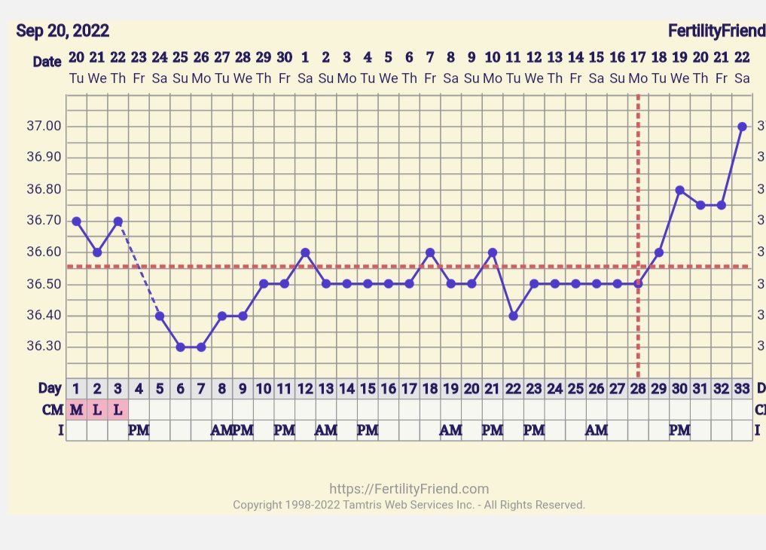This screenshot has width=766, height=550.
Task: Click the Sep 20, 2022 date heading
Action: click(63, 31)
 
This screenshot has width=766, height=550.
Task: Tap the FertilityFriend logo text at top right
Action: click(716, 31)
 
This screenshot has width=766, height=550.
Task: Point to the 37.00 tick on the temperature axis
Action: click(44, 126)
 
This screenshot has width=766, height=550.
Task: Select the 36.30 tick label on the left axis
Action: click(44, 347)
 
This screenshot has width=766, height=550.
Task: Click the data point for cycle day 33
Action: click(742, 127)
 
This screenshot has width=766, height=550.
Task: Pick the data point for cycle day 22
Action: click(513, 316)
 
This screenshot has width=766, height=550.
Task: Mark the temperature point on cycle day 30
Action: click(679, 190)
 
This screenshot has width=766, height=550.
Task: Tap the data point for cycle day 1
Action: click(76, 222)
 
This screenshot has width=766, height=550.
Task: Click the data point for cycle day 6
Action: click(181, 347)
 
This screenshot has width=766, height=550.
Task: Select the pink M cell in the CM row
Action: click(76, 409)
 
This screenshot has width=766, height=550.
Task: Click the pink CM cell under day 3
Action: click(117, 409)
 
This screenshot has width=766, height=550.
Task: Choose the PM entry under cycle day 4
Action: click(139, 430)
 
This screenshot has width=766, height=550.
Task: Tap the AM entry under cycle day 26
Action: click(597, 430)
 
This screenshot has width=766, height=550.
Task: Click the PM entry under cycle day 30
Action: click(679, 430)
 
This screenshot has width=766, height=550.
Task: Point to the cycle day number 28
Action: click(638, 389)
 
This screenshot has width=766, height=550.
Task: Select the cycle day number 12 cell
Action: click(305, 389)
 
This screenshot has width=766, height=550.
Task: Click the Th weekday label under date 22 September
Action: click(117, 78)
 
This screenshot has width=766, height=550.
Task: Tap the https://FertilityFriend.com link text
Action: click(409, 489)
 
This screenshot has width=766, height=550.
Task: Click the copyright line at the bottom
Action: click(409, 505)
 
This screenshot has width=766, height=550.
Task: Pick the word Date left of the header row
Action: click(47, 62)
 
